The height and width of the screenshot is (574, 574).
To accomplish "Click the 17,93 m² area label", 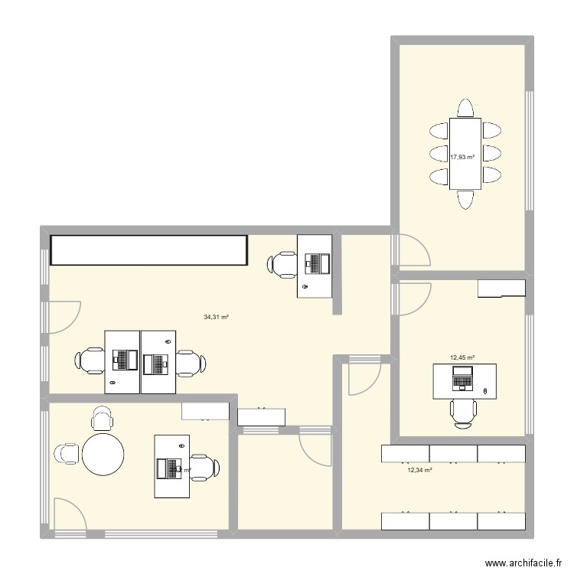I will click(461, 158).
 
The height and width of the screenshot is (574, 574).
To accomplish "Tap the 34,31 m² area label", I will click(217, 318).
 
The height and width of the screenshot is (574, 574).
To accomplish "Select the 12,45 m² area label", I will click(462, 357).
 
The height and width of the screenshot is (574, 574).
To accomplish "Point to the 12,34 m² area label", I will click(420, 471).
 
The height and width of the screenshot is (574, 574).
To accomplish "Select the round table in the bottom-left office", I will click(103, 455).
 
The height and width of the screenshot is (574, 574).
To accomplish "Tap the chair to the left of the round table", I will click(67, 453).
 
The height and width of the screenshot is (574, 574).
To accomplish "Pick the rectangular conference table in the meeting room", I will click(465, 153).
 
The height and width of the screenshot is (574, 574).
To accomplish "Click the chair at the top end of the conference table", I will click(465, 107).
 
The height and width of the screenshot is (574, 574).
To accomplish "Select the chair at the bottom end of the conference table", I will click(465, 199).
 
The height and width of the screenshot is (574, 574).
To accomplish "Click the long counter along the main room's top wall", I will click(149, 250).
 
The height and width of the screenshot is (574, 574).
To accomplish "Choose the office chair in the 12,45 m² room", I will click(463, 413).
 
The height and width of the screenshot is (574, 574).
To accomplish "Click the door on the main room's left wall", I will click(62, 318).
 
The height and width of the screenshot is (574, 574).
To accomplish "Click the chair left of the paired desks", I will click(90, 360).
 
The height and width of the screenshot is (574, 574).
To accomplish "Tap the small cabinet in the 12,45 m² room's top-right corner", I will click(501, 288).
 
